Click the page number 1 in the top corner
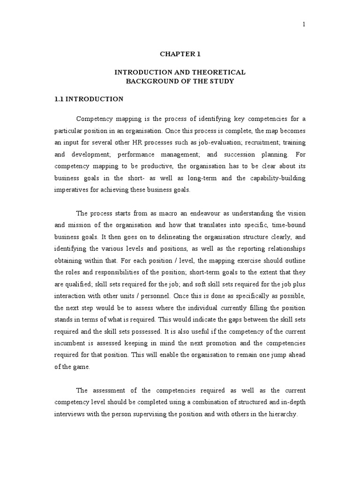304,25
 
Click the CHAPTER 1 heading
180,54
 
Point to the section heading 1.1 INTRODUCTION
89,99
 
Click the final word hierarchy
280,415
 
